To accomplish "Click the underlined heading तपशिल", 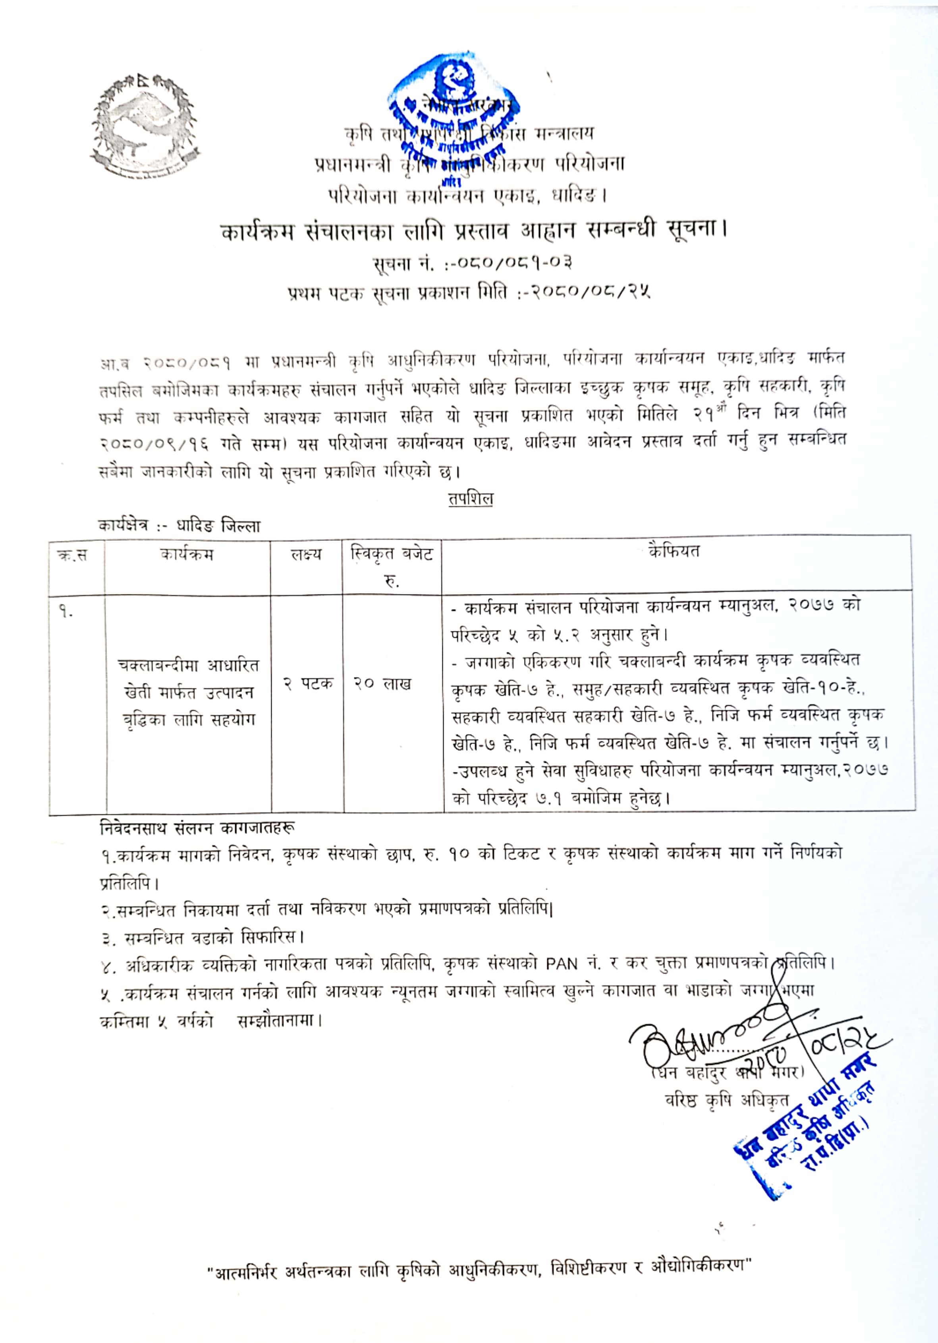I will click(470, 499).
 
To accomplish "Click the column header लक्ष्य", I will click(307, 553).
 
